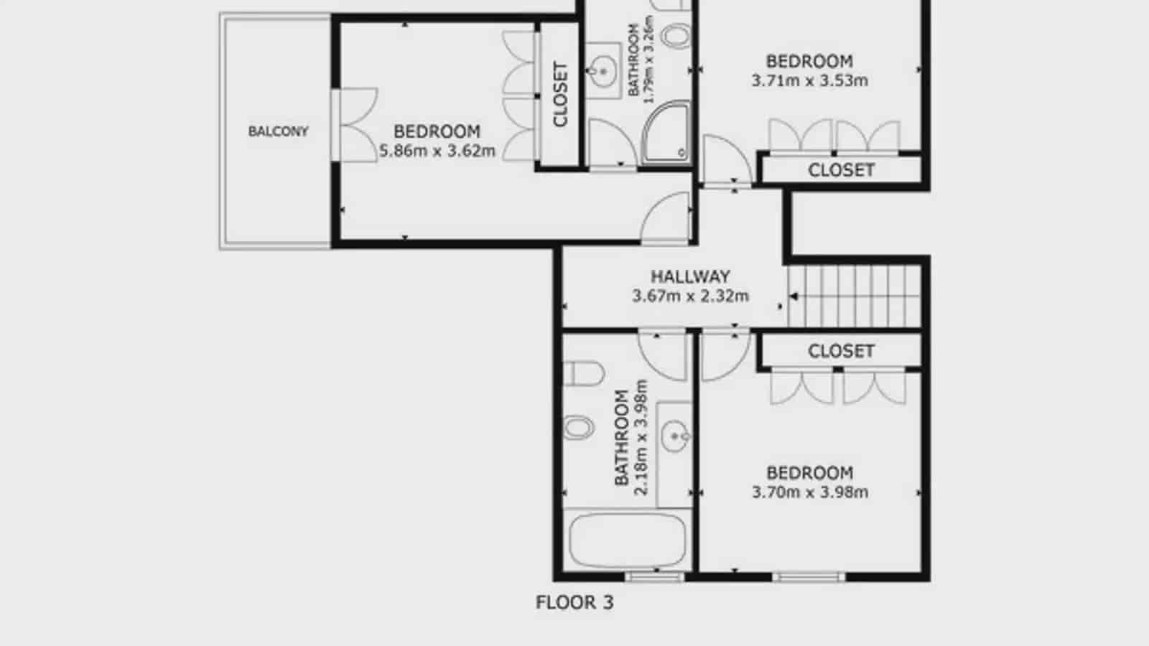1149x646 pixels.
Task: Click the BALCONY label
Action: (x=278, y=131)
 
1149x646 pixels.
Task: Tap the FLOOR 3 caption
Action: (x=574, y=603)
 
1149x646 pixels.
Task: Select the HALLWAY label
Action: (x=690, y=276)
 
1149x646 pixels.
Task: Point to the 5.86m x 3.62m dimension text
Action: (x=437, y=151)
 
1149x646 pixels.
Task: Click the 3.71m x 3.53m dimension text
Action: (x=809, y=81)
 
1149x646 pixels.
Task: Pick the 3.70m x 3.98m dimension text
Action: (x=809, y=492)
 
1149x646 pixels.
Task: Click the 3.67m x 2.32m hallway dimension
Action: (x=690, y=296)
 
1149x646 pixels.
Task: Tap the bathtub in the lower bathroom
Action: (x=627, y=540)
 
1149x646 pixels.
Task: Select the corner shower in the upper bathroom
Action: (x=666, y=134)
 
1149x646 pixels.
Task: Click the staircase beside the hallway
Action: (x=855, y=296)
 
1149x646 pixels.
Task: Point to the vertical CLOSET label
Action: (x=560, y=95)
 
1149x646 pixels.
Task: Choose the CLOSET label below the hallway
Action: (x=841, y=351)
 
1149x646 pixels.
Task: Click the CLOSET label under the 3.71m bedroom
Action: (x=841, y=170)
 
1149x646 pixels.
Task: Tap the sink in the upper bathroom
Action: (x=603, y=70)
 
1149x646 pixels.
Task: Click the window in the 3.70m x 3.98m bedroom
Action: (x=809, y=576)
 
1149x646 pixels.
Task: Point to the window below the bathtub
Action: (x=653, y=576)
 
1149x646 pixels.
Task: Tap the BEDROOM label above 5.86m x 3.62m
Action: (x=437, y=132)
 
